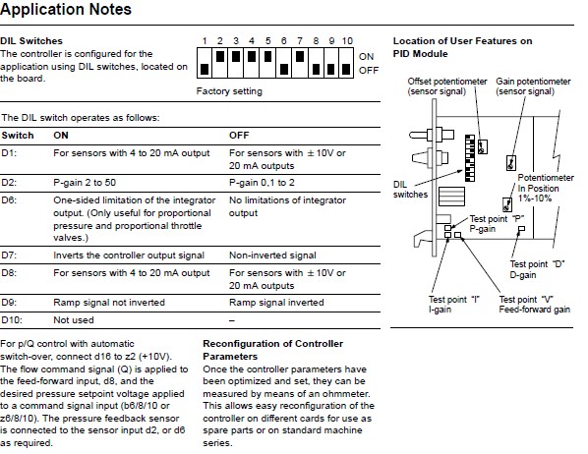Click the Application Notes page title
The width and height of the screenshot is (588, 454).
pyautogui.click(x=66, y=9)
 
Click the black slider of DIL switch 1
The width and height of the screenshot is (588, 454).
pyautogui.click(x=205, y=69)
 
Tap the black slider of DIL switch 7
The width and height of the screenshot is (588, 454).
pyautogui.click(x=300, y=56)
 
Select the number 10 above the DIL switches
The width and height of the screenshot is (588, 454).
pyautogui.click(x=347, y=41)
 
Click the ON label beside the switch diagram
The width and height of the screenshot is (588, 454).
pyautogui.click(x=366, y=57)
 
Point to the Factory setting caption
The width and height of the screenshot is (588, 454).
pyautogui.click(x=229, y=91)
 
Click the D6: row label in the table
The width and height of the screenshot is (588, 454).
pyautogui.click(x=9, y=200)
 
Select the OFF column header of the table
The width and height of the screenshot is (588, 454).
pyautogui.click(x=239, y=136)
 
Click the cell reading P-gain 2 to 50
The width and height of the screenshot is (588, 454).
pyautogui.click(x=85, y=183)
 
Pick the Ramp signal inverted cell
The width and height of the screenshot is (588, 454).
pyautogui.click(x=276, y=303)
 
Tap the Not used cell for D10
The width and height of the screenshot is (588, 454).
pyautogui.click(x=74, y=320)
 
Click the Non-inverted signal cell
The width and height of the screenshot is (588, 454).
pyautogui.click(x=272, y=255)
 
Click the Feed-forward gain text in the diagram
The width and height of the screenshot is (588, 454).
pyautogui.click(x=534, y=310)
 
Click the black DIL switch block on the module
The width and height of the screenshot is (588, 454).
pyautogui.click(x=469, y=158)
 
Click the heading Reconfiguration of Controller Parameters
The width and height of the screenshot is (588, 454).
pyautogui.click(x=273, y=350)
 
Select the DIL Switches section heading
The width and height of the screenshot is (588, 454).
pyautogui.click(x=31, y=41)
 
